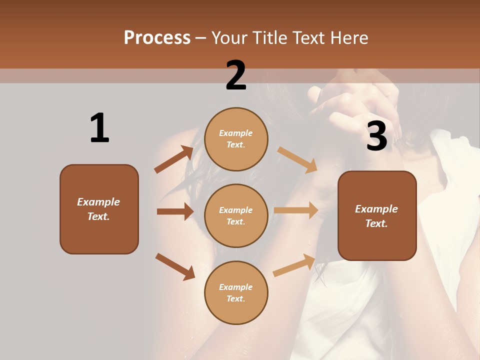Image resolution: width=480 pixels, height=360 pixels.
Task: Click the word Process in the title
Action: [x=157, y=38]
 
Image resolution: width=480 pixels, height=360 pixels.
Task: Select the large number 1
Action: [x=99, y=128]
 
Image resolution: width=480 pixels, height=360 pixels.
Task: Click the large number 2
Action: [x=236, y=75]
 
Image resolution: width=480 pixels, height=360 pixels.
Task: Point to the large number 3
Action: [x=376, y=136]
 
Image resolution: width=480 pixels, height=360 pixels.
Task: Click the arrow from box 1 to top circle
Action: [x=173, y=159]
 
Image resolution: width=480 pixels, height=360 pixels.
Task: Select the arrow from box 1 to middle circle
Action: [x=175, y=211]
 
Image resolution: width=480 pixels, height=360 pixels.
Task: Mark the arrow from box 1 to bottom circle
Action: [x=175, y=266]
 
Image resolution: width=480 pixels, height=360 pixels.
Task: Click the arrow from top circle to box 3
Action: [x=297, y=159]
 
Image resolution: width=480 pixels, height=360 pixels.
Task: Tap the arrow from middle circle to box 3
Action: [x=296, y=210]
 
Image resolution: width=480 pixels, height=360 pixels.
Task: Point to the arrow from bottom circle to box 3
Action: [x=294, y=265]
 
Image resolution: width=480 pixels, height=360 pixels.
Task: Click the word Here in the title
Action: [x=348, y=38]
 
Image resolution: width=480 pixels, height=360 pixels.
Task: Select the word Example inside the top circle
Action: [x=236, y=133]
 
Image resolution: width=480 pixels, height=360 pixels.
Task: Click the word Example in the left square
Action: [x=98, y=202]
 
